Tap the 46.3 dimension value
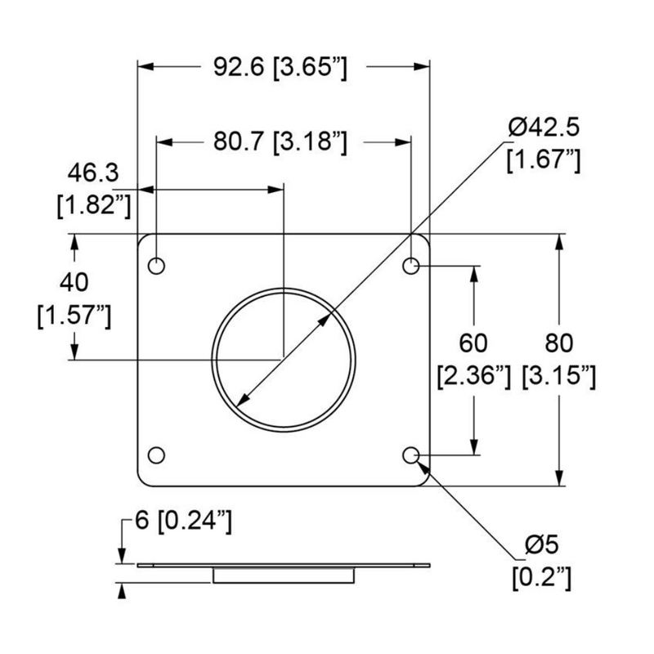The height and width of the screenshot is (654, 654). [93, 174]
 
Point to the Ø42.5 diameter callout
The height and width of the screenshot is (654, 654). [544, 128]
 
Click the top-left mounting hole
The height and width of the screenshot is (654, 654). [155, 266]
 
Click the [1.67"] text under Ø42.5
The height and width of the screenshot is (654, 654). [544, 160]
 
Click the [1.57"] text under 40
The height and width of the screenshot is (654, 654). [75, 316]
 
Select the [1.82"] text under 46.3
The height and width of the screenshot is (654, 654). [94, 205]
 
